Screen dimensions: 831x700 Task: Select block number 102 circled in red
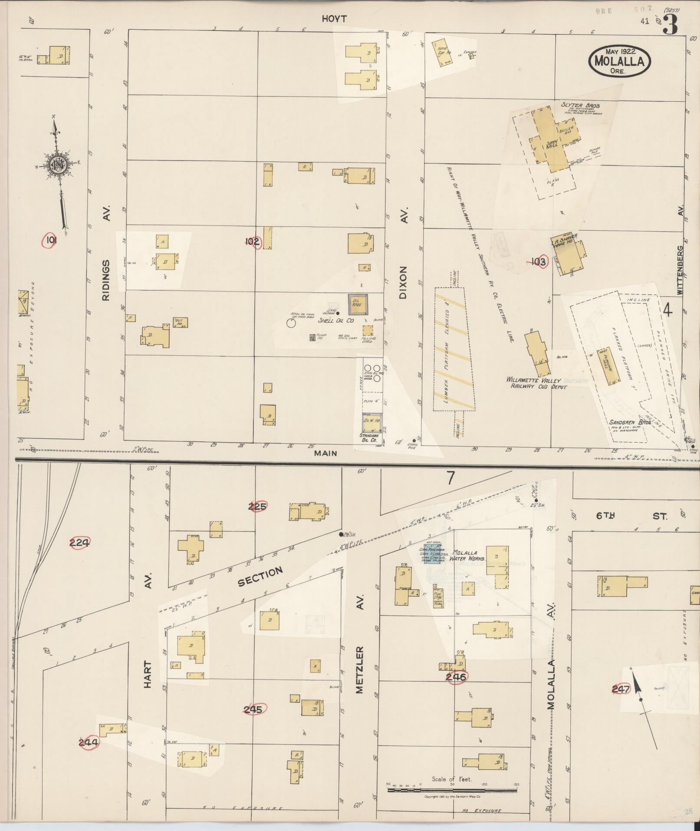pyautogui.click(x=252, y=242)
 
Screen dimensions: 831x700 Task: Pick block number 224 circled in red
pyautogui.click(x=79, y=542)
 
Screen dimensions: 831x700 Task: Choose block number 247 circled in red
pyautogui.click(x=621, y=689)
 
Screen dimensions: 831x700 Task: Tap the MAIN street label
pyautogui.click(x=326, y=453)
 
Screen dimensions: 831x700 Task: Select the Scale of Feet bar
pyautogui.click(x=451, y=790)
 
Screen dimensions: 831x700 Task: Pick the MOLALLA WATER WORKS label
pyautogui.click(x=468, y=556)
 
